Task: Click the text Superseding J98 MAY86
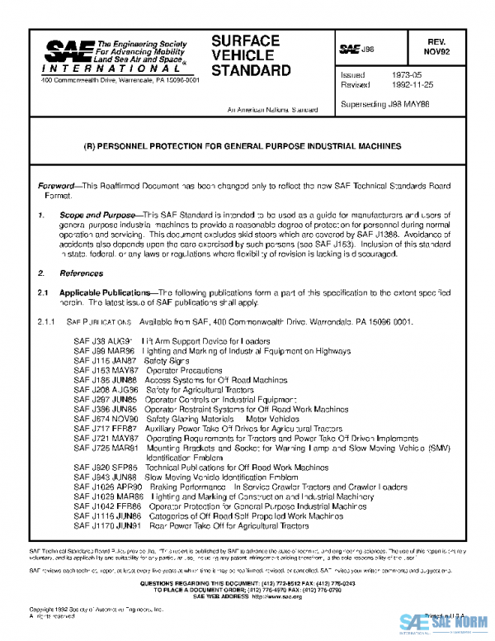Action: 384,105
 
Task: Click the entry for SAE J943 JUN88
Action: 185,477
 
